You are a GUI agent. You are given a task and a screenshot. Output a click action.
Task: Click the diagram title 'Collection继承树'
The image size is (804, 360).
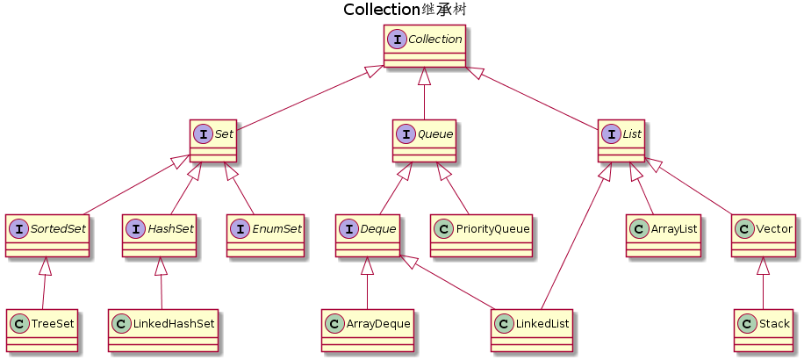click(x=404, y=10)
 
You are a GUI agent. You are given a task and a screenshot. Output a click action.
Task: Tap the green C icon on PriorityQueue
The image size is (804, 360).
click(x=443, y=229)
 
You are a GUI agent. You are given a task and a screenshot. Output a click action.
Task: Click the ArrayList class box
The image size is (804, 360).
click(x=664, y=235)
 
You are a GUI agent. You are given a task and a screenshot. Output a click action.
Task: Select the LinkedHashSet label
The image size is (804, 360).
click(x=173, y=324)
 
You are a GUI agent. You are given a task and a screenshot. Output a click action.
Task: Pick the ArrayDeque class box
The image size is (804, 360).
click(x=367, y=330)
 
